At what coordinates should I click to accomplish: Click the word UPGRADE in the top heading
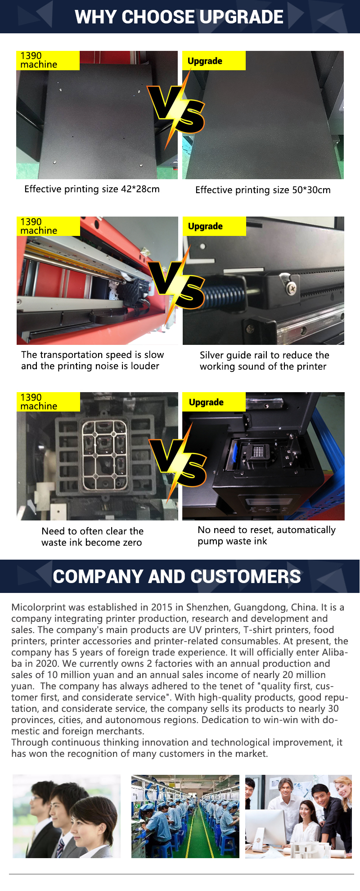(241, 17)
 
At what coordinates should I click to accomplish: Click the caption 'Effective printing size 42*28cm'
(92, 189)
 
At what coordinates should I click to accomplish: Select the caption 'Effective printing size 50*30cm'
(263, 190)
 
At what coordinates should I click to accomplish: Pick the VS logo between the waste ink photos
(178, 462)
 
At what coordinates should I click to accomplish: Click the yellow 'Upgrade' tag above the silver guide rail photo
(214, 226)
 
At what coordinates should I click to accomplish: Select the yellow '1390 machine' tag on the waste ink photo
(49, 402)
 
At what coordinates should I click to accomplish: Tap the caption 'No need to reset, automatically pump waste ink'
(266, 536)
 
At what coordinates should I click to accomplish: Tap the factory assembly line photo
(185, 816)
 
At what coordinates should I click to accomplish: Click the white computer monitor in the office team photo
(265, 828)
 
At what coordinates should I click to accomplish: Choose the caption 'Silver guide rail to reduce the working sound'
(265, 361)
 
